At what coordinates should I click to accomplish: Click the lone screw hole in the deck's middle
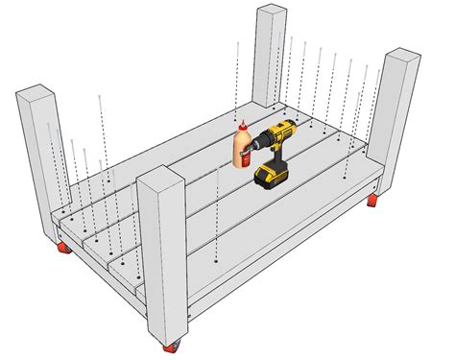pos(219,260)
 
